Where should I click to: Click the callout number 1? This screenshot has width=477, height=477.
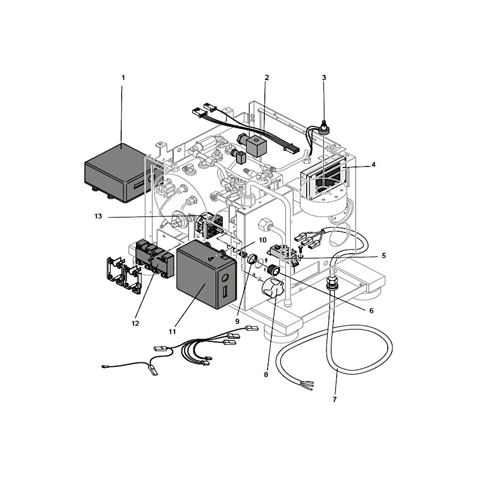pos(123,78)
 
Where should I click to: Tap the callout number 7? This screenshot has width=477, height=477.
pos(335,399)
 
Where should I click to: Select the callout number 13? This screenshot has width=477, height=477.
pos(98,216)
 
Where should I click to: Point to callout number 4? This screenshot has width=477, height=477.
pos(373,165)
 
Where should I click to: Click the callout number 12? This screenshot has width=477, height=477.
pos(135,323)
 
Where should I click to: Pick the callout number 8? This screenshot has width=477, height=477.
pos(266,374)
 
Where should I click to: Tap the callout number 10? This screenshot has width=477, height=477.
pos(262,240)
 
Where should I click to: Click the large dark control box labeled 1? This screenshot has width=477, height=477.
pos(120,172)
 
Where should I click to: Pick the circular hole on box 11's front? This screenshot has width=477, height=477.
pos(225,278)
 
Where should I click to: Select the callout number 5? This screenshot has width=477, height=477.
pos(384,256)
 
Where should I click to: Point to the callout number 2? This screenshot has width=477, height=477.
pos(267,78)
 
